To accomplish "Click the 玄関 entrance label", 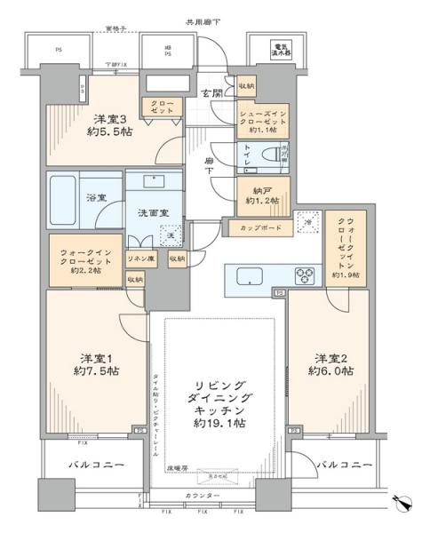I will coord(211,94).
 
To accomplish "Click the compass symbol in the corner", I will coord(405,504).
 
